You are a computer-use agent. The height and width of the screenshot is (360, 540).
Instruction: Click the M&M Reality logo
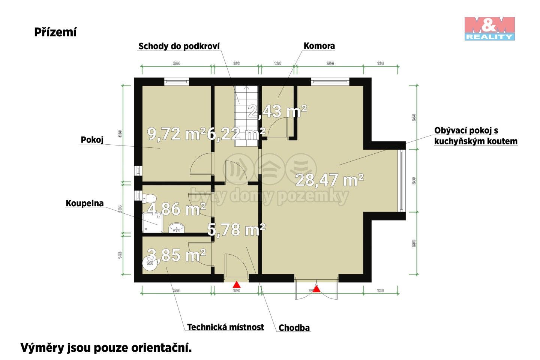point(489,28)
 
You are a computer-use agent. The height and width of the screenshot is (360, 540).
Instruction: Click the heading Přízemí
point(55,32)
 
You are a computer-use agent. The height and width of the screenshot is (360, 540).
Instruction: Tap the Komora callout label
point(319,46)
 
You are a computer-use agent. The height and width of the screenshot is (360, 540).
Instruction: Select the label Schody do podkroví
point(179,46)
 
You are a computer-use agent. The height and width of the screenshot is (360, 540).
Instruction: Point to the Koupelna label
point(85,203)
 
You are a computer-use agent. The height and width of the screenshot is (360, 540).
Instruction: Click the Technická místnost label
point(225,327)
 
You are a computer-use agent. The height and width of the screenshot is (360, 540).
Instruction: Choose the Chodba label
point(294,328)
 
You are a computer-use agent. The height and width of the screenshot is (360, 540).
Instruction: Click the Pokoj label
point(92,140)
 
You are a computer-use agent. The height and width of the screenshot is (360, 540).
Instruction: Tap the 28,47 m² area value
point(329,180)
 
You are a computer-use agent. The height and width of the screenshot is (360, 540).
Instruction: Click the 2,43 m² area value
point(277,111)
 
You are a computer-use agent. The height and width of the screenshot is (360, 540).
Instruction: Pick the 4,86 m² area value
point(176,209)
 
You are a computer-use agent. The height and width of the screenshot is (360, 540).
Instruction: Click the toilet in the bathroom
point(149,198)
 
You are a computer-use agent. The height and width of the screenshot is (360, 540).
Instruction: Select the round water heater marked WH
point(150,262)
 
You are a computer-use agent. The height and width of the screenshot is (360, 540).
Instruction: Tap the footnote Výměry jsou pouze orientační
point(106,348)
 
